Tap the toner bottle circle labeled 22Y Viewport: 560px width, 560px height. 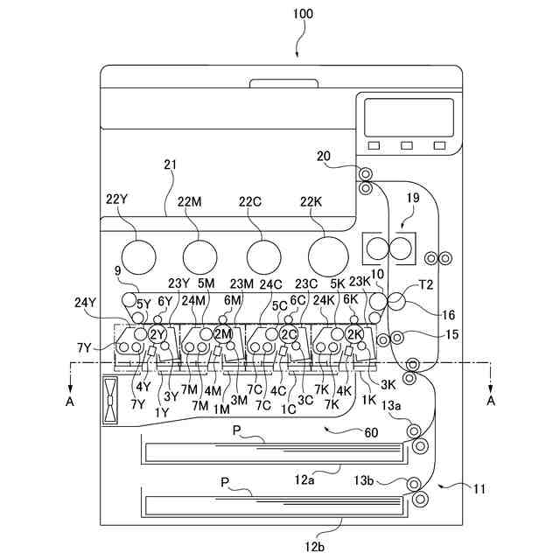point(136,255)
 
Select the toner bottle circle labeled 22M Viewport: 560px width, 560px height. point(199,255)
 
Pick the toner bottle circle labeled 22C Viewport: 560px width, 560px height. point(263,255)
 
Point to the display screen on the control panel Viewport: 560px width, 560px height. point(409,116)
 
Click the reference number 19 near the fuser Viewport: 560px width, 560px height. point(413,199)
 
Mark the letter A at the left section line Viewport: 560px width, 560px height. point(69,401)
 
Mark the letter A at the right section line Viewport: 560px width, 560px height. point(491,401)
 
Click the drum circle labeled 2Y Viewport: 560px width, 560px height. point(157,334)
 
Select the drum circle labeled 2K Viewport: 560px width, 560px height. point(353,334)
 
